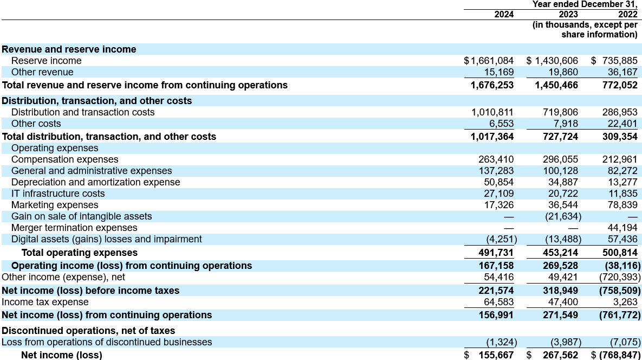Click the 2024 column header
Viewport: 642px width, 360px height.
click(x=504, y=15)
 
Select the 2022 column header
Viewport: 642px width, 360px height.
click(x=627, y=15)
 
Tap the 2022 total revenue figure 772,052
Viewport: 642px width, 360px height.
click(x=620, y=85)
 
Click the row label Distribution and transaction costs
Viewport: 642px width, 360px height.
click(x=83, y=112)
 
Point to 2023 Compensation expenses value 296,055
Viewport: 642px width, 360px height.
click(x=560, y=159)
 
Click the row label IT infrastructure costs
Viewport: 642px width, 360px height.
click(x=58, y=194)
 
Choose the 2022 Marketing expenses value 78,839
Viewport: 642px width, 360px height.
click(x=620, y=205)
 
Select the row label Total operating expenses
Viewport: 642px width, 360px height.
click(x=80, y=253)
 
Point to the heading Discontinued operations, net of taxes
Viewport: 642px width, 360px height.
click(x=88, y=330)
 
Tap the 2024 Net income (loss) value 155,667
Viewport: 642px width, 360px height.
click(x=496, y=355)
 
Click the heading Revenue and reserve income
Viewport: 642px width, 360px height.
click(x=69, y=49)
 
